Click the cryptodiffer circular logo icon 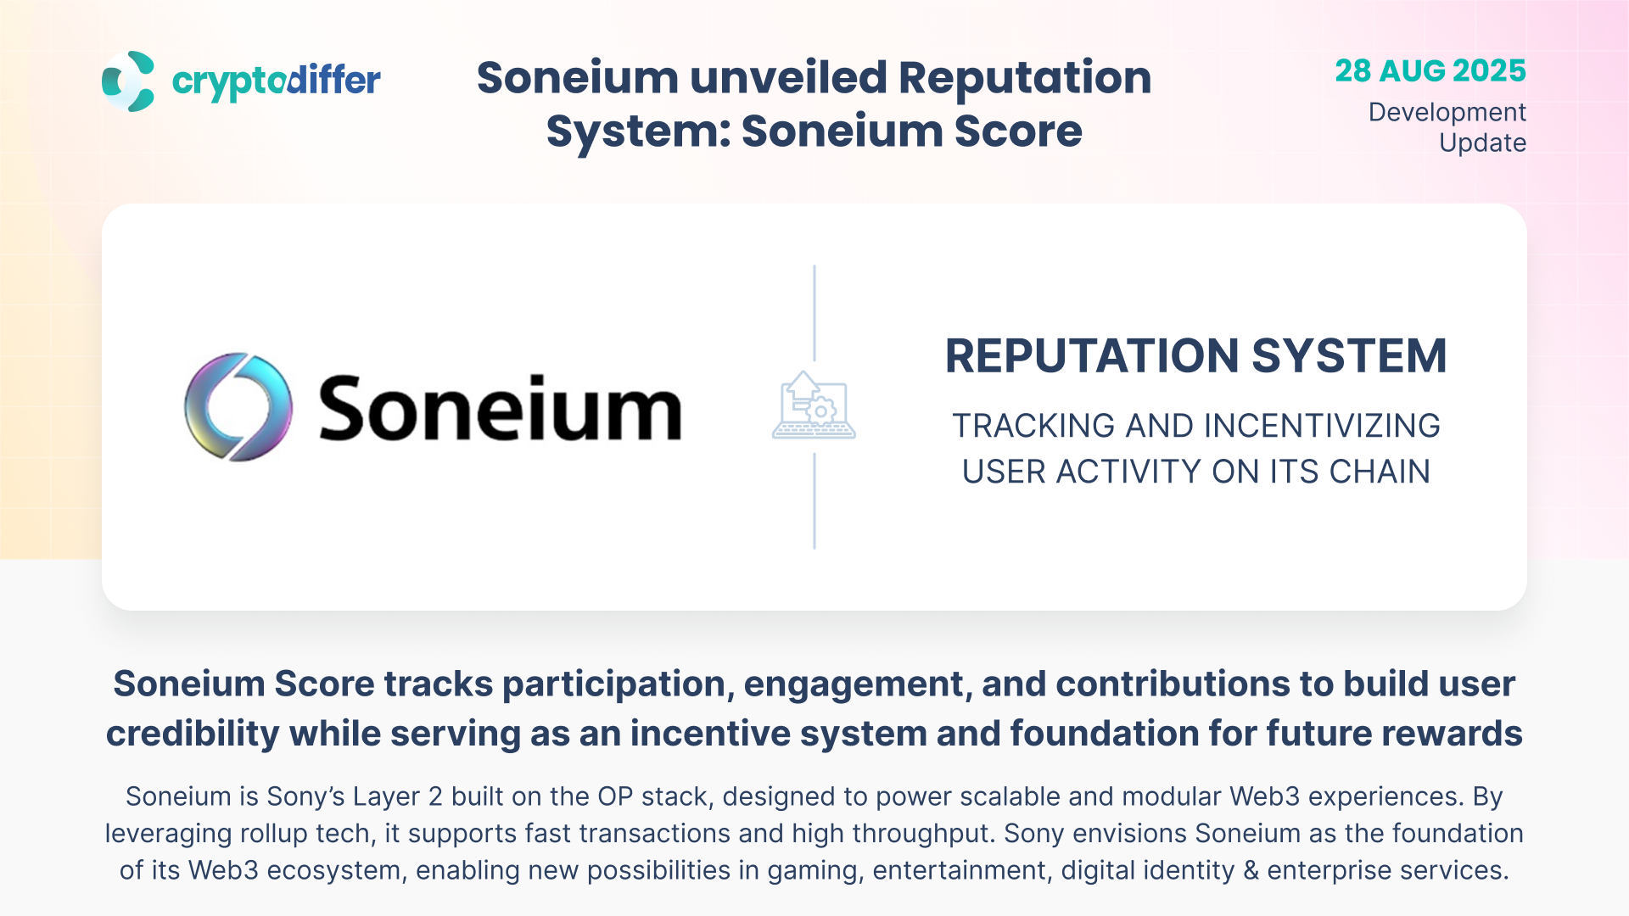[x=128, y=81]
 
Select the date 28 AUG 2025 [x=1430, y=70]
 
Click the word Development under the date [x=1447, y=113]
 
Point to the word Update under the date [x=1483, y=142]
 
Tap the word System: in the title [x=639, y=131]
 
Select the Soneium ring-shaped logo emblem [x=238, y=407]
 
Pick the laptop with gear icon [x=814, y=405]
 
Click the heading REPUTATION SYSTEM [x=1195, y=356]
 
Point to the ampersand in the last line [x=1251, y=871]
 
